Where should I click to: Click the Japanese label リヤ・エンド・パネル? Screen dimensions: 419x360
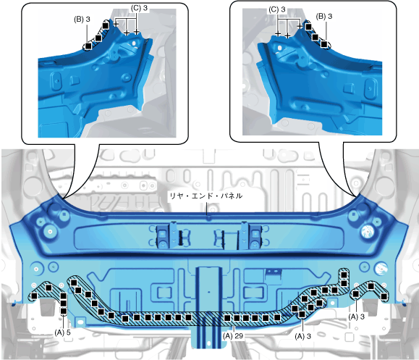click(206, 196)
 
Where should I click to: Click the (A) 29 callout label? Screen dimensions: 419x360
click(233, 335)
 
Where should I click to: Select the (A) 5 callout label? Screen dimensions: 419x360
click(62, 332)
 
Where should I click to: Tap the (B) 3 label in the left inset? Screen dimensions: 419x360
click(82, 20)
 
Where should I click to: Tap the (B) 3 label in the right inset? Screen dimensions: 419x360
click(324, 17)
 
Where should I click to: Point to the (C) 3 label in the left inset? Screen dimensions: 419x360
click(139, 8)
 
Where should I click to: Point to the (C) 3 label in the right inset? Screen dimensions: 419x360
click(277, 9)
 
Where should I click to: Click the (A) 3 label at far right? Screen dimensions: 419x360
click(357, 317)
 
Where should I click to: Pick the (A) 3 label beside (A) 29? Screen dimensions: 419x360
click(302, 336)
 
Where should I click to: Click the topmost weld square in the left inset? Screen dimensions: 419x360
click(105, 25)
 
